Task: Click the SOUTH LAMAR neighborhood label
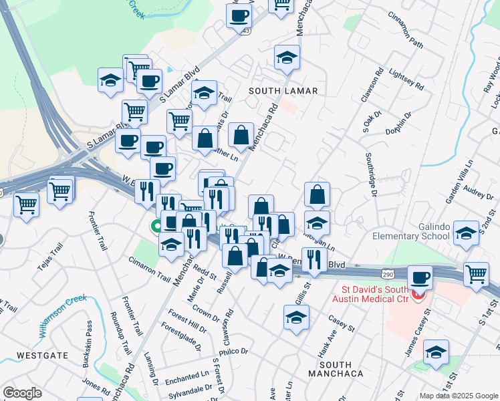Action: [282, 90]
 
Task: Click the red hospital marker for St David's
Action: [419, 295]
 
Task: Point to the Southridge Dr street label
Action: [372, 174]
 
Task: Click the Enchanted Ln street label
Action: [187, 379]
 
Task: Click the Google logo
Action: [22, 393]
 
